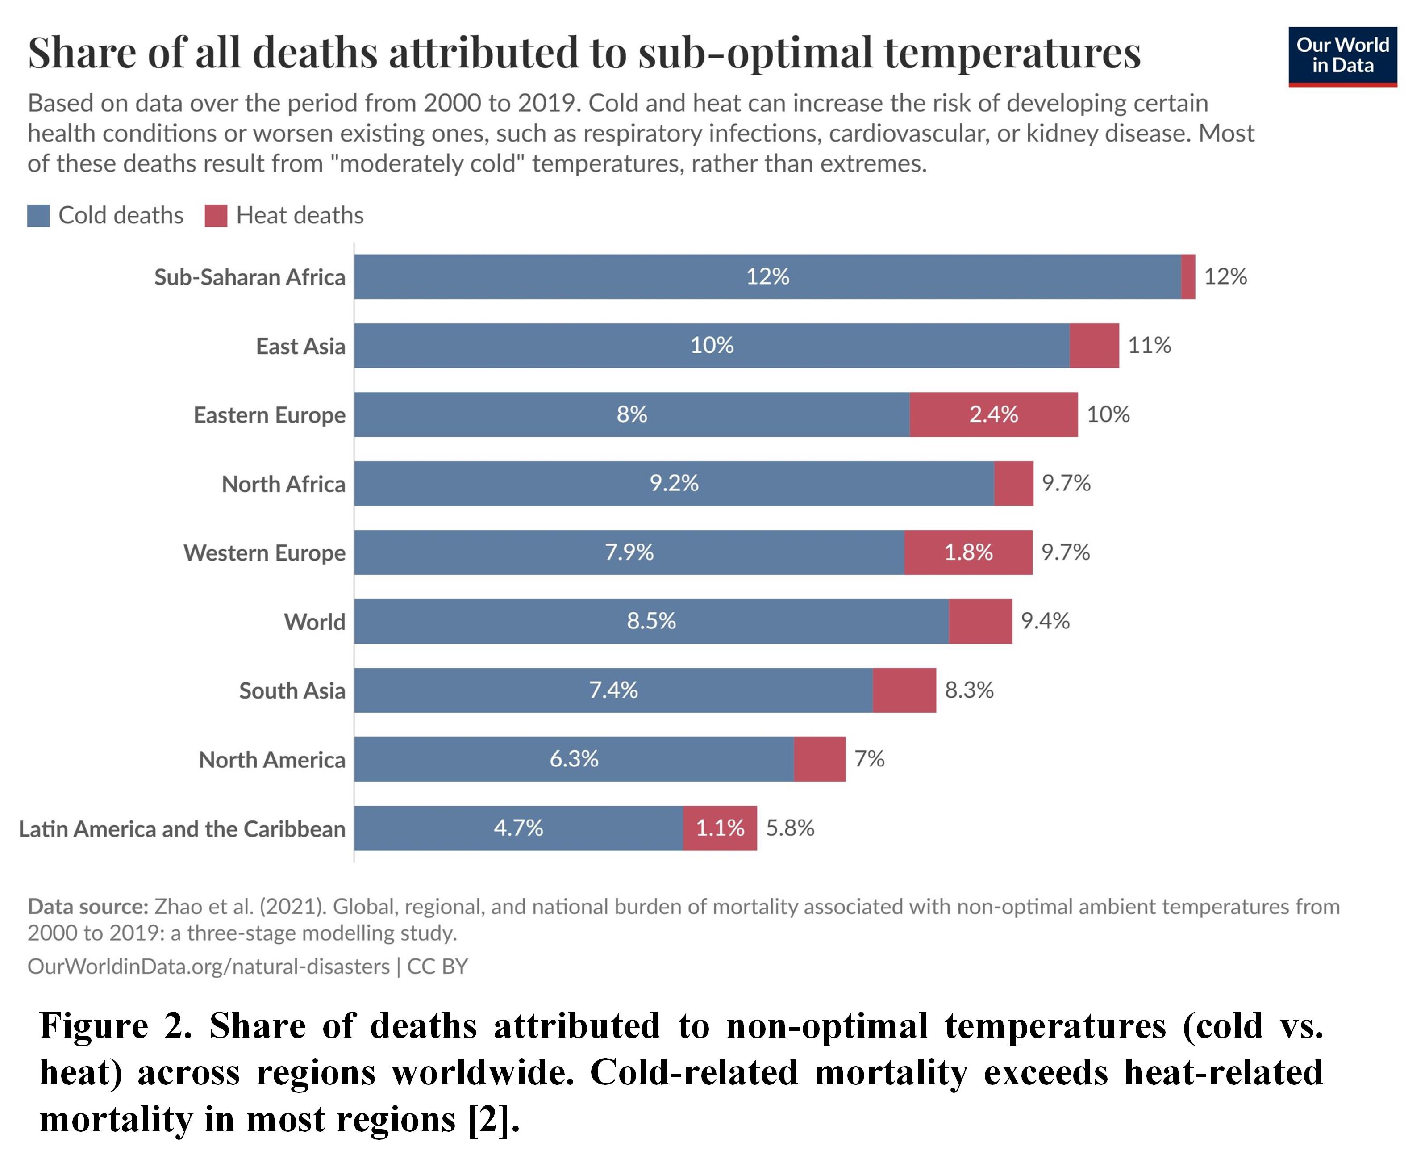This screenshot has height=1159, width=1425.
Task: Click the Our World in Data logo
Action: tap(1342, 57)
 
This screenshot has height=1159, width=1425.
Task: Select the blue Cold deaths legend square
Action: tap(38, 216)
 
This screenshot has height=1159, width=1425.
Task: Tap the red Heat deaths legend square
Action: tap(216, 216)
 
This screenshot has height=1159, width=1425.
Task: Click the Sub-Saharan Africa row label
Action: tap(250, 277)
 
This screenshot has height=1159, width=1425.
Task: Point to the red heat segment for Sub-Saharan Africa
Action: tap(1188, 276)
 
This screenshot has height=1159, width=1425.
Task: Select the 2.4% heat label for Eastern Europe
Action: tap(994, 414)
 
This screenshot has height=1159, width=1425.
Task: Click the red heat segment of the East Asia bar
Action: tap(1095, 345)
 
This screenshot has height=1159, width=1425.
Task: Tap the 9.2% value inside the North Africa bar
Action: tap(674, 483)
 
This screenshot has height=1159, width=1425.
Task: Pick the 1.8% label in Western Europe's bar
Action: tap(968, 552)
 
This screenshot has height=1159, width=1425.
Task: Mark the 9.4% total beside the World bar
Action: tap(1045, 621)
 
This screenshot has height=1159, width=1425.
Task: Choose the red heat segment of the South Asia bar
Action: tap(904, 690)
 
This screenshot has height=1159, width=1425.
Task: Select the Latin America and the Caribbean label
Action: tap(182, 828)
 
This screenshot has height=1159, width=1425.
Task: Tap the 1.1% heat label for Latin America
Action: tap(720, 828)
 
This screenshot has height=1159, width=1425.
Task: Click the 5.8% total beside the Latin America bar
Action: tap(790, 828)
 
